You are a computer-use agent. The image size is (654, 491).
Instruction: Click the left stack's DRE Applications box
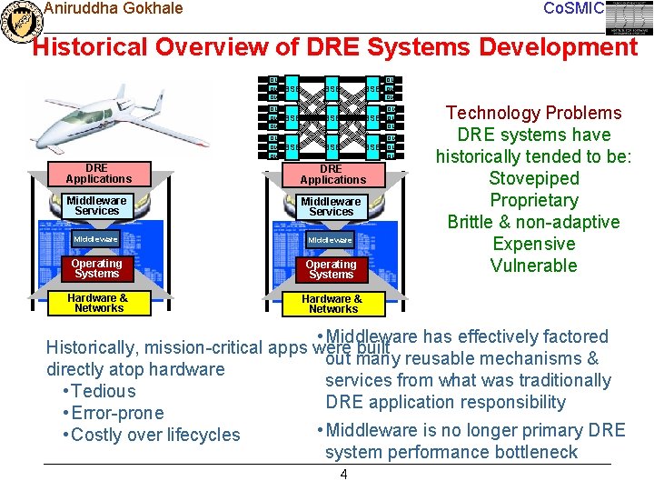click(x=97, y=174)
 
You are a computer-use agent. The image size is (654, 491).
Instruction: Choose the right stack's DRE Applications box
click(x=332, y=174)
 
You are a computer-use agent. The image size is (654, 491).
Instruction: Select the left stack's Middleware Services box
click(x=97, y=205)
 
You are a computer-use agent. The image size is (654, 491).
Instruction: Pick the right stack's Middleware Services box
click(x=332, y=206)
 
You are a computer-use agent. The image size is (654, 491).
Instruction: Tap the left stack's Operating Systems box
click(x=97, y=268)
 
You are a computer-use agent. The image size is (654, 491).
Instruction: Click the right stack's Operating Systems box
click(x=332, y=269)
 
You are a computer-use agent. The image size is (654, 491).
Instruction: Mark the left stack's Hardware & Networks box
click(x=98, y=303)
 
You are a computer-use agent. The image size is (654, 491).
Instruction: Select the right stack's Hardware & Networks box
click(x=332, y=304)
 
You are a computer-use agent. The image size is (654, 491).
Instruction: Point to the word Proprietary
click(x=533, y=200)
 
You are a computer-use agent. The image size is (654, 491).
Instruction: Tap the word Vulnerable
click(x=533, y=266)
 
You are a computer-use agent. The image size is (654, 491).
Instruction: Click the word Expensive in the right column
click(x=533, y=244)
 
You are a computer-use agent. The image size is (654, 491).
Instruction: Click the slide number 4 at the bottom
click(x=343, y=475)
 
